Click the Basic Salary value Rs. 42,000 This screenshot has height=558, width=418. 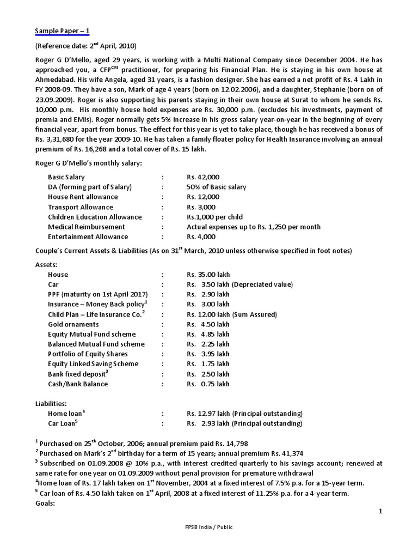coord(203,177)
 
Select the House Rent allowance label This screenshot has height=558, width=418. coord(83,197)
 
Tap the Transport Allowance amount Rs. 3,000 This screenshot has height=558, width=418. coord(201,207)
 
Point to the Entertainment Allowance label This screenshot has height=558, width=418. coord(88,236)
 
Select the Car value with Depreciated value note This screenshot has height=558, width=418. coord(239,284)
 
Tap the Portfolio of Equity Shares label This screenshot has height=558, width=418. coord(88,354)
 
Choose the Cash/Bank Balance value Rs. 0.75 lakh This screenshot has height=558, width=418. coord(208,384)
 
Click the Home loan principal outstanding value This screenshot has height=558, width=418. coord(244,414)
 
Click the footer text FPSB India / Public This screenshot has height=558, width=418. coord(208,527)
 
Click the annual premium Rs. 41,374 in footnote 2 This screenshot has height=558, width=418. coord(283,453)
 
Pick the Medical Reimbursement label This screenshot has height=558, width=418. coord(87,227)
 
